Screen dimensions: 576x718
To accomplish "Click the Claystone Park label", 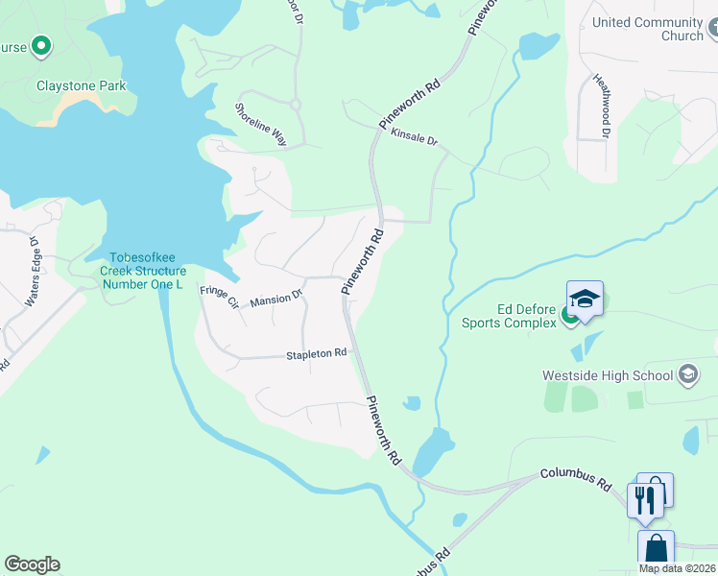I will pyautogui.click(x=82, y=85).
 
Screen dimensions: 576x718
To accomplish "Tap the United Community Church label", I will pyautogui.click(x=648, y=29).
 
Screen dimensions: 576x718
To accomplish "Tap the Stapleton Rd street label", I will pyautogui.click(x=316, y=354).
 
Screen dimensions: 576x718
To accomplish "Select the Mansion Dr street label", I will pyautogui.click(x=275, y=300).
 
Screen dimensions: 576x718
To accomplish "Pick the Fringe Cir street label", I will pyautogui.click(x=219, y=297).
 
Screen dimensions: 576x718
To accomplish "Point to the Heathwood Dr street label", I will pyautogui.click(x=601, y=106).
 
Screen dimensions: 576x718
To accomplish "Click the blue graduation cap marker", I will pyautogui.click(x=585, y=299).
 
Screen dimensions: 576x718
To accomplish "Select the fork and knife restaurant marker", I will pyautogui.click(x=643, y=500).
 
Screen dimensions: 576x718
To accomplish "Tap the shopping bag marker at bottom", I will pyautogui.click(x=656, y=548).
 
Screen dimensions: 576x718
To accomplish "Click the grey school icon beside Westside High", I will pyautogui.click(x=687, y=373).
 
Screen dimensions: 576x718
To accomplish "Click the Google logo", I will pyautogui.click(x=32, y=564).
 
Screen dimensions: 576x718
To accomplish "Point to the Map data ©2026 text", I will pyautogui.click(x=678, y=568).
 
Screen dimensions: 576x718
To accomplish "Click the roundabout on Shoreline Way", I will pyautogui.click(x=295, y=104).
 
